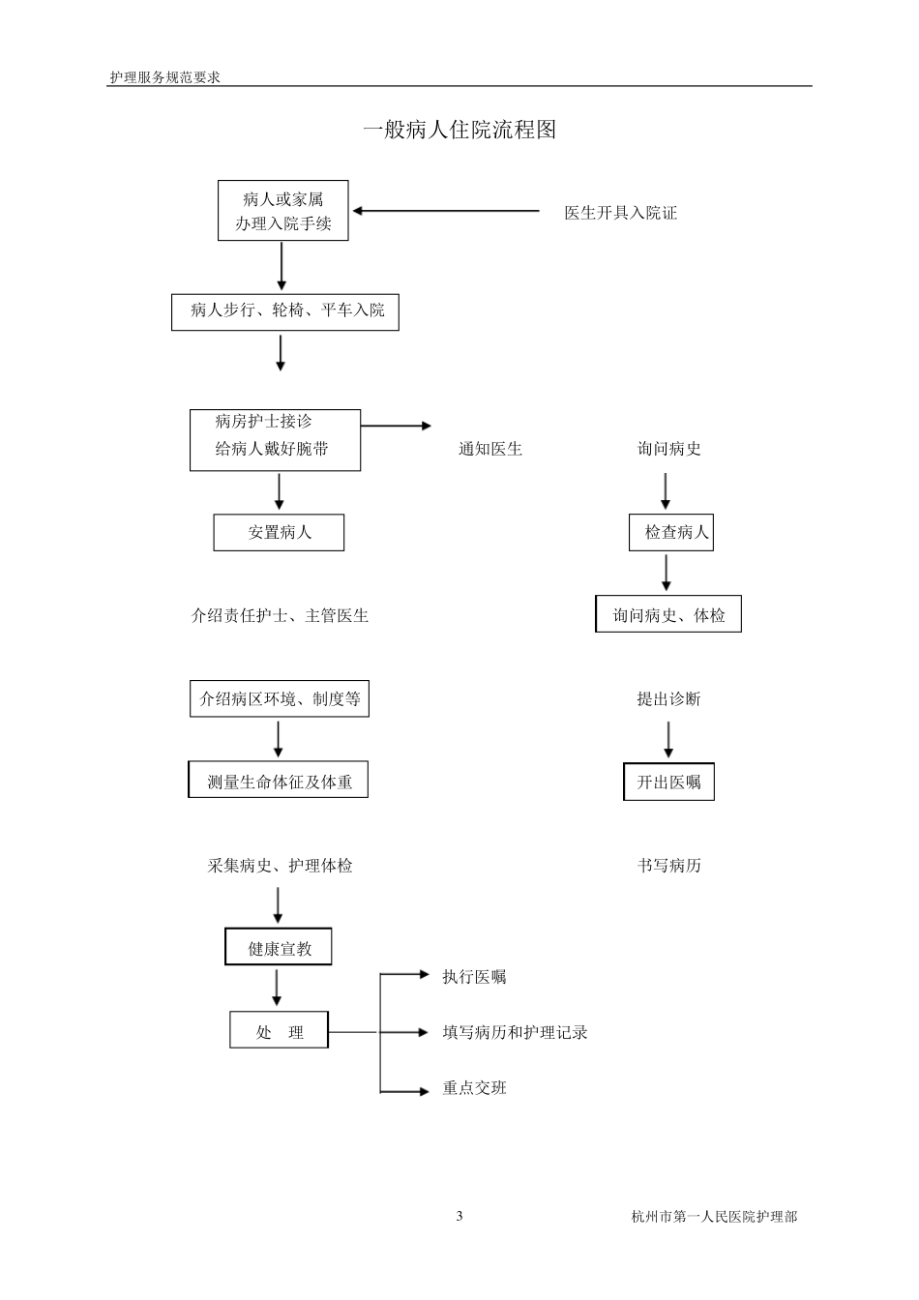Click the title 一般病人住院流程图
click(x=459, y=130)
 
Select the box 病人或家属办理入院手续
click(x=282, y=211)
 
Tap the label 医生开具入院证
click(x=620, y=213)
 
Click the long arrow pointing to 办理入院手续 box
click(x=446, y=210)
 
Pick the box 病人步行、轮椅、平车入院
click(x=285, y=311)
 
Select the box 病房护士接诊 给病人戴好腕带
click(x=275, y=440)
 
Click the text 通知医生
click(x=489, y=449)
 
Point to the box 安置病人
click(x=279, y=532)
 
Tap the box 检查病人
click(x=671, y=532)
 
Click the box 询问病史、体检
click(x=668, y=615)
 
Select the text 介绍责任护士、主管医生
click(x=280, y=615)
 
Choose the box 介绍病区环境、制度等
click(x=280, y=698)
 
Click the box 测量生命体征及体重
click(x=279, y=782)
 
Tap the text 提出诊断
click(x=668, y=698)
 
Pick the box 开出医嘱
click(x=668, y=782)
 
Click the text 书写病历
click(x=668, y=865)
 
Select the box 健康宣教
click(x=279, y=948)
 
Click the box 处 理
click(x=279, y=1031)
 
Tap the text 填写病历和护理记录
click(x=515, y=1032)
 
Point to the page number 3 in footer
click(x=459, y=1216)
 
